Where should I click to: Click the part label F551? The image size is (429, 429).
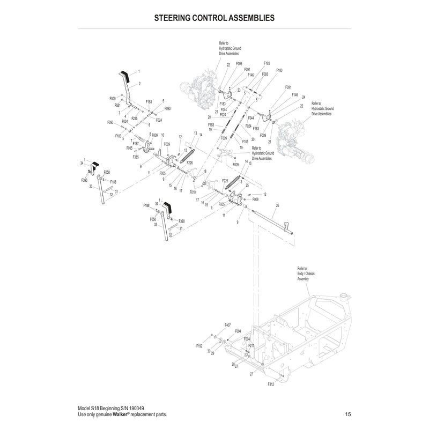[117, 106]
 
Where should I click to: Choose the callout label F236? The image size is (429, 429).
[135, 118]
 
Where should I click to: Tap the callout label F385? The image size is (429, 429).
[136, 157]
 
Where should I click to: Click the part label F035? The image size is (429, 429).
[129, 148]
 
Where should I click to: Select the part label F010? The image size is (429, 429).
[193, 191]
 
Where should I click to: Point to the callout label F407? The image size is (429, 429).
[228, 325]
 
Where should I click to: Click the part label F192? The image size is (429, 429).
[199, 347]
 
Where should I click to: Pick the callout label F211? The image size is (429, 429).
[251, 346]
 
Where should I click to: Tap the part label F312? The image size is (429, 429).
[271, 384]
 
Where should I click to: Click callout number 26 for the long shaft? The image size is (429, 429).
[277, 205]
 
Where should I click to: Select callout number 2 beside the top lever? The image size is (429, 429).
[139, 84]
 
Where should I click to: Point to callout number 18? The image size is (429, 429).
[204, 171]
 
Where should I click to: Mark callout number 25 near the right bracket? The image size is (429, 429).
[247, 185]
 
